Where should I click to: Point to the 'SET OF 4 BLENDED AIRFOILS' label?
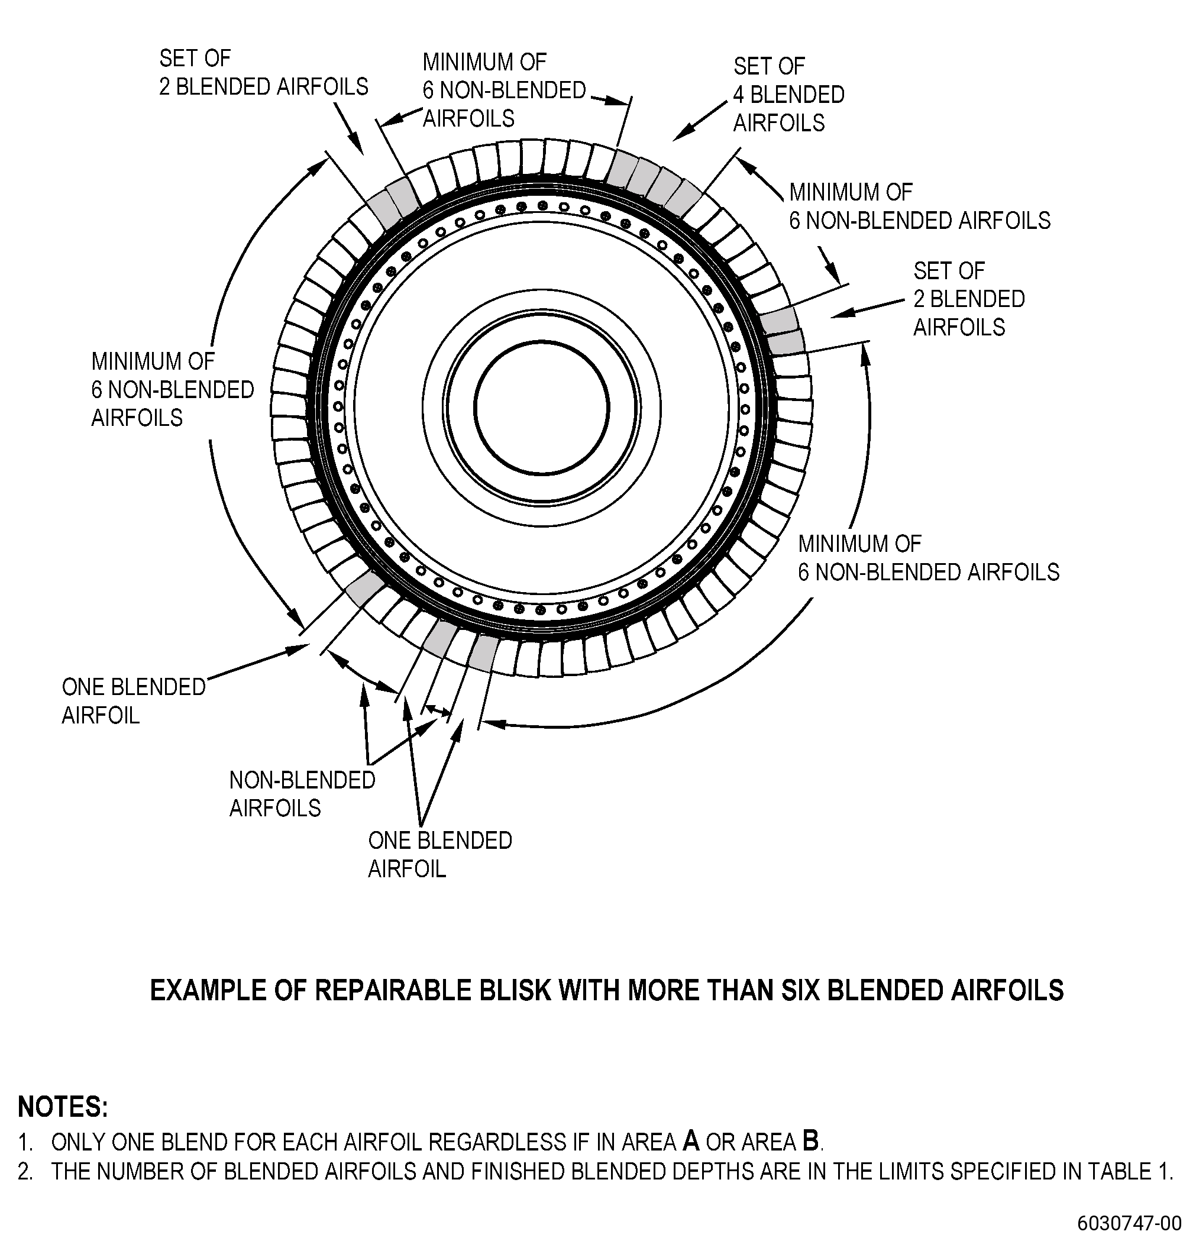click(789, 94)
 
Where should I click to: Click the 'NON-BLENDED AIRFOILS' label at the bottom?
click(302, 794)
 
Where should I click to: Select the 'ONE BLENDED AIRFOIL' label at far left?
click(134, 701)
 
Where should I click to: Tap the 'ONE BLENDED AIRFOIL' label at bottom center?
click(440, 854)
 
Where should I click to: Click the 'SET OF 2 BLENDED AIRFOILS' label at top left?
click(263, 72)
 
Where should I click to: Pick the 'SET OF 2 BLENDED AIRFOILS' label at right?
click(969, 299)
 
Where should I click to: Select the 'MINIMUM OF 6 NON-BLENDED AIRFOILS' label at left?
click(173, 389)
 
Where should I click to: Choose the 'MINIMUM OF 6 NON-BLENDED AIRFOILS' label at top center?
click(505, 90)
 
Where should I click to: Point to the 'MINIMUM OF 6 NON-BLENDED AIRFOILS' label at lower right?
click(929, 558)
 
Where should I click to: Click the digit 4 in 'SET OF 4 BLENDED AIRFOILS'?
click(739, 94)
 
